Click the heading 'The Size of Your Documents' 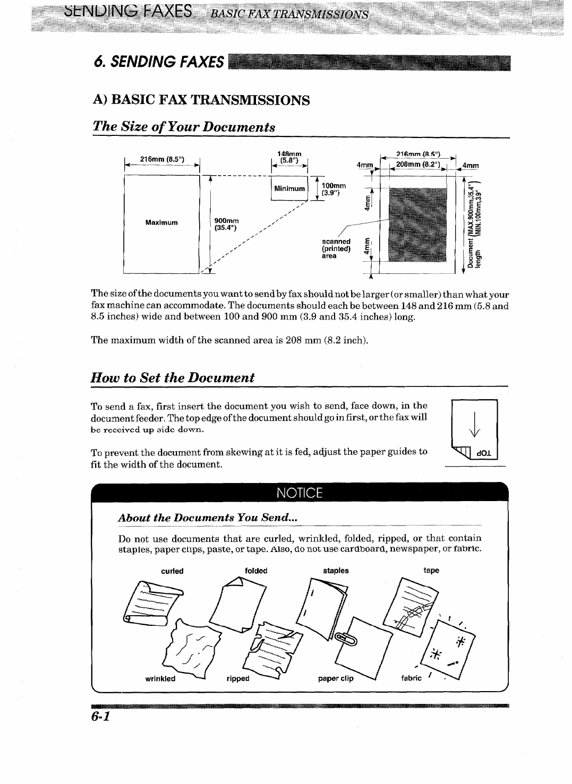184,127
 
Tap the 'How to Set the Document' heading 173,377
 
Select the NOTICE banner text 299,493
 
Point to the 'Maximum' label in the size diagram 161,222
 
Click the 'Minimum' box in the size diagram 289,188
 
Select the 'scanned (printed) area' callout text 336,248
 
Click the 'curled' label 172,571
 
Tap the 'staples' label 336,571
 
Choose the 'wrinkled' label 160,678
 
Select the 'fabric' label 411,678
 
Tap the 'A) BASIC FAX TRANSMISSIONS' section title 201,100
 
